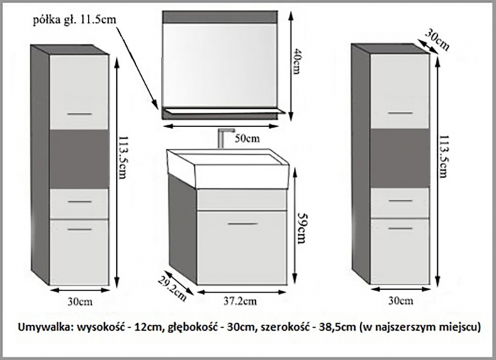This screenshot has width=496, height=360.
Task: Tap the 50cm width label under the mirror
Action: point(247,138)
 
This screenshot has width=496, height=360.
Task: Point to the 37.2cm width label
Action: point(240,301)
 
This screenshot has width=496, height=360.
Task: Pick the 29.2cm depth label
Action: point(171,288)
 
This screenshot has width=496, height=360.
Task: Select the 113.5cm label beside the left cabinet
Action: point(123,157)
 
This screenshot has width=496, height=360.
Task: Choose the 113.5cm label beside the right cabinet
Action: point(443,157)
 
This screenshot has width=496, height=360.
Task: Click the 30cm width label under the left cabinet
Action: point(80,301)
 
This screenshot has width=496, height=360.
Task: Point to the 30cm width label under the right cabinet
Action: point(401,300)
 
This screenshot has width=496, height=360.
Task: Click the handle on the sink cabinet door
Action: point(243,224)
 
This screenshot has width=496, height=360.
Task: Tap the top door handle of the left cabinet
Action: point(79,113)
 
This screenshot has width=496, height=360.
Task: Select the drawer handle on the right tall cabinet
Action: point(400,201)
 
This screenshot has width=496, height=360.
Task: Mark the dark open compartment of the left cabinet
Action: point(79,159)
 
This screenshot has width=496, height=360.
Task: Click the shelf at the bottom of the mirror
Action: point(223,111)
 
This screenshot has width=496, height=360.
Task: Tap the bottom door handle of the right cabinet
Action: point(400,228)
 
